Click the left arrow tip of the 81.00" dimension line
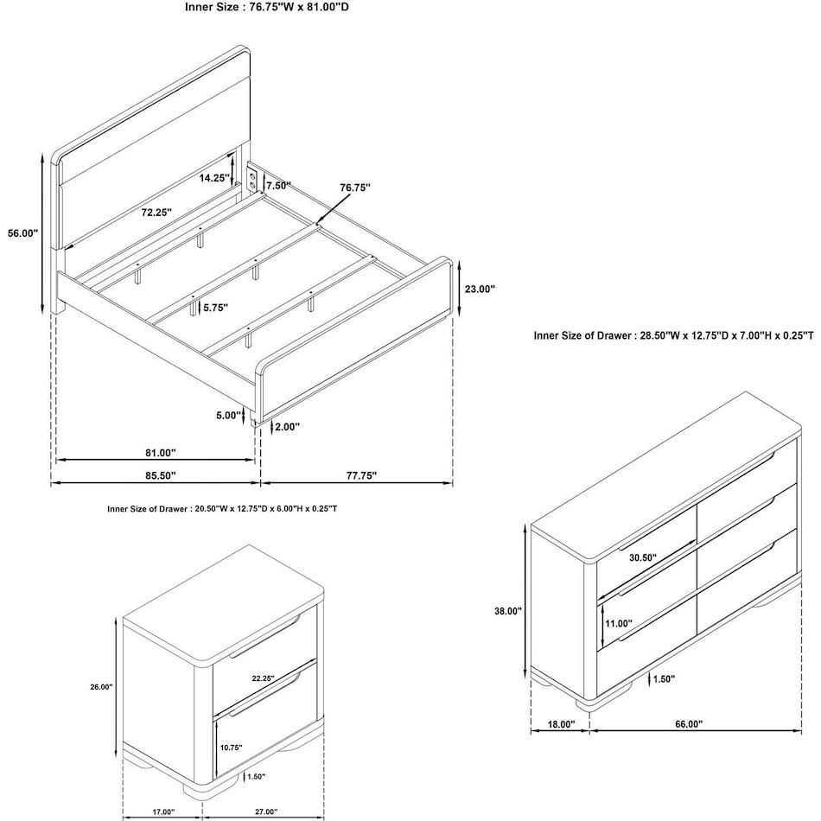pyautogui.click(x=56, y=461)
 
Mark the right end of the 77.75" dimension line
pyautogui.click(x=452, y=483)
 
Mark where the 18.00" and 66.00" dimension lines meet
pyautogui.click(x=590, y=731)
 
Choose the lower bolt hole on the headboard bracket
pyautogui.click(x=253, y=185)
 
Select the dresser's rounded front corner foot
pyautogui.click(x=590, y=703)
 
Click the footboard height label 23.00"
pyautogui.click(x=479, y=289)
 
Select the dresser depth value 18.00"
pyautogui.click(x=561, y=725)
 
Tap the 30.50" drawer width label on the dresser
pyautogui.click(x=642, y=558)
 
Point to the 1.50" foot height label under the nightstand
pyautogui.click(x=256, y=777)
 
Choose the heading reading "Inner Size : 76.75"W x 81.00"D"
pyautogui.click(x=266, y=7)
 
